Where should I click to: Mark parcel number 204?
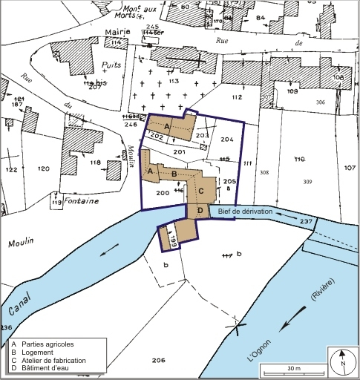(227, 139)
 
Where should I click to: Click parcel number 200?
(163, 193)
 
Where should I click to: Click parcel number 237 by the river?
(306, 221)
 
